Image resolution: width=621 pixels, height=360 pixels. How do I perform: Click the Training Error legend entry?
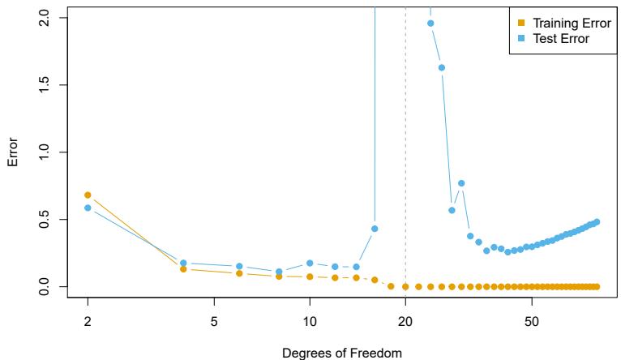(560, 22)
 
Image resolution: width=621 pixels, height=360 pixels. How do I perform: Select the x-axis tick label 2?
(88, 319)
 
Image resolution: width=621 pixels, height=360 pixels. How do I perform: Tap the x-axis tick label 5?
(214, 319)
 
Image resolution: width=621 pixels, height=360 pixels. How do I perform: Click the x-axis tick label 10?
(309, 319)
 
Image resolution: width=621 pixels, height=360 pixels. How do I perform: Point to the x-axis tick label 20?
(405, 319)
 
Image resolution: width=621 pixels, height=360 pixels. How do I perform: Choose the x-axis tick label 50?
(531, 319)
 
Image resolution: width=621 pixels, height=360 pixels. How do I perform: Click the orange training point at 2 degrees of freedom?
(88, 195)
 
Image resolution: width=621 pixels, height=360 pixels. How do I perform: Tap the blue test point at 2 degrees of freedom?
(88, 208)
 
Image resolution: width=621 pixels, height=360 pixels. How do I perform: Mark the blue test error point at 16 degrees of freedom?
(375, 228)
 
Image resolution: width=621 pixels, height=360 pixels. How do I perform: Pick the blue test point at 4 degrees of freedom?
(183, 263)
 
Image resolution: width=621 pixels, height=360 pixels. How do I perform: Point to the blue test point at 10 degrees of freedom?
(309, 263)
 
